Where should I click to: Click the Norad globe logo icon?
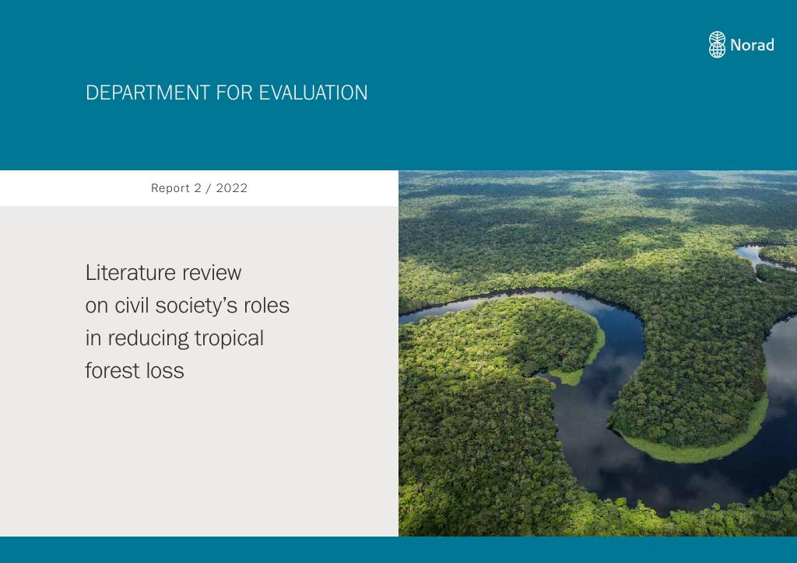click(x=717, y=44)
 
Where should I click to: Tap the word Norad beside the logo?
click(x=753, y=45)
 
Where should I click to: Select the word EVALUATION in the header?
click(x=313, y=93)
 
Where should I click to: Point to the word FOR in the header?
click(x=234, y=93)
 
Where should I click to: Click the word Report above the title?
click(x=170, y=188)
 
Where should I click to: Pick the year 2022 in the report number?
click(x=232, y=188)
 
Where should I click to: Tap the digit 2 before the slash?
click(x=198, y=188)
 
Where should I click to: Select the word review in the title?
click(x=212, y=273)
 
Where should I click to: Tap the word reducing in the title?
click(x=148, y=339)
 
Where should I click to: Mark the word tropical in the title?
click(x=230, y=339)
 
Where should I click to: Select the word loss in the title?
click(x=165, y=371)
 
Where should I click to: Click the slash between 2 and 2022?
click(x=209, y=188)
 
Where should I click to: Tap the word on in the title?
click(x=97, y=306)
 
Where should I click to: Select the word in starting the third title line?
click(x=93, y=338)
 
